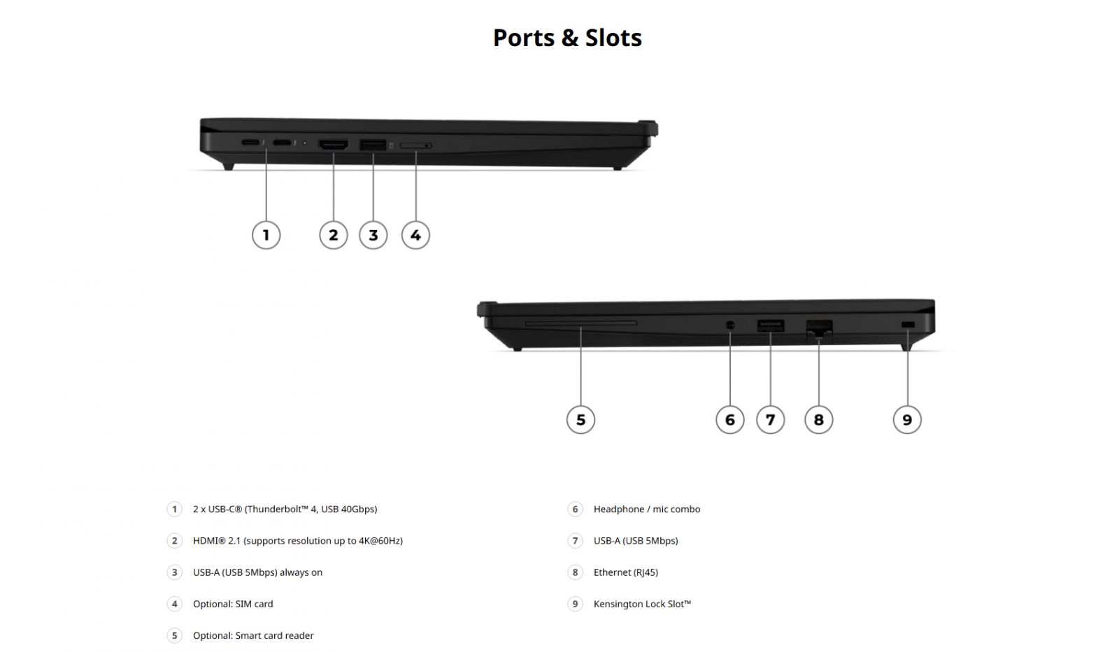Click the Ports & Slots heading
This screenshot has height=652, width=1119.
coord(567,38)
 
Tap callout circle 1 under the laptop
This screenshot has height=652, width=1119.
coord(266,235)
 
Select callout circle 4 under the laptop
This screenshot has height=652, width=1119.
coord(415,235)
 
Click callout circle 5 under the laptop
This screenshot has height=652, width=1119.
coord(580,419)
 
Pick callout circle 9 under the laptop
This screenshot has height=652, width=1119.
coord(907,419)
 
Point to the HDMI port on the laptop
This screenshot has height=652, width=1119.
coord(333,145)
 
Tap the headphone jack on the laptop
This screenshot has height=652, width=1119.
coord(730,326)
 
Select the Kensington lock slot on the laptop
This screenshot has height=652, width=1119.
coord(908,325)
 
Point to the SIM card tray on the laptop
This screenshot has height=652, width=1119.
coord(415,145)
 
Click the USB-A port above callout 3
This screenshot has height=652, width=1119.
coord(373,145)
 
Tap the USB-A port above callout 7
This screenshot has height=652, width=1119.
coord(770,326)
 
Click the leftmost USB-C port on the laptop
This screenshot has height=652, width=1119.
coord(250,143)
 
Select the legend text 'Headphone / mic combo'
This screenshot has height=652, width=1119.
coord(646,509)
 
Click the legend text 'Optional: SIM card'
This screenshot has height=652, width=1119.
coord(233,604)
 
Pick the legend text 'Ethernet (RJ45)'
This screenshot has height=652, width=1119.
coord(625,572)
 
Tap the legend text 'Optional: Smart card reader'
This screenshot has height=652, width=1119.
coord(253,635)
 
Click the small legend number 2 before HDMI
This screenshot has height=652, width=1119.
coord(174,541)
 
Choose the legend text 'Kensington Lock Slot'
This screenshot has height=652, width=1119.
coord(642,604)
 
